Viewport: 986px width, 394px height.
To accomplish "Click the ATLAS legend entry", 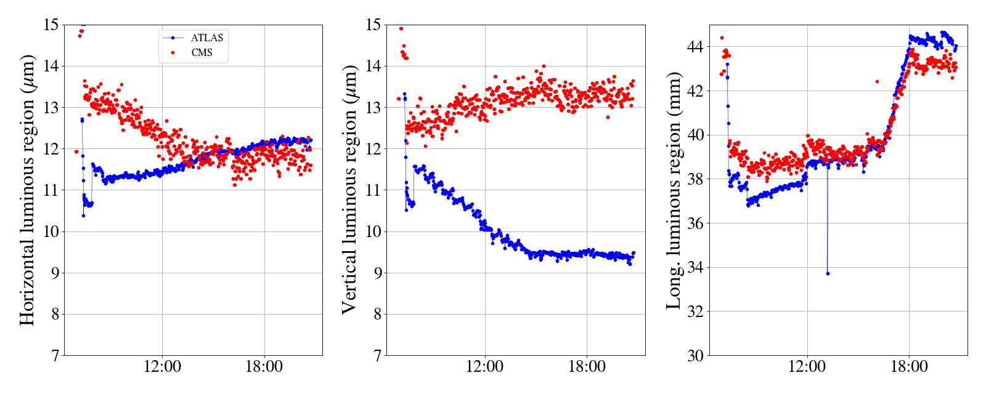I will click(206, 38).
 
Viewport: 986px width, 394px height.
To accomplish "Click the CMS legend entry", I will click(202, 53).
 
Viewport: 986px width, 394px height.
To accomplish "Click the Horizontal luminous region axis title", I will click(27, 190).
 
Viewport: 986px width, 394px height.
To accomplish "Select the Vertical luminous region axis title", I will click(349, 190).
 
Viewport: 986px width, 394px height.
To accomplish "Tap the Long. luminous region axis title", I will click(674, 190).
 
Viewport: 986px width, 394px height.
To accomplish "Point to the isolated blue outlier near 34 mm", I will click(828, 273).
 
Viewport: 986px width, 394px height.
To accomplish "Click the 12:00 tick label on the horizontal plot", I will click(162, 367).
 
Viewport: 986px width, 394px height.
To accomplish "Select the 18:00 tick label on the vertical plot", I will click(587, 367).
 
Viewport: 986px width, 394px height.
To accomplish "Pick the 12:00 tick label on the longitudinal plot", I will click(807, 367).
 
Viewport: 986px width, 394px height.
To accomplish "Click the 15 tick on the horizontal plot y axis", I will click(51, 25).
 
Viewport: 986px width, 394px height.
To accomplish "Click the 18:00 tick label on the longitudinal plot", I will click(910, 367).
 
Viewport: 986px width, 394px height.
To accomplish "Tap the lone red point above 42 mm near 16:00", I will click(877, 81).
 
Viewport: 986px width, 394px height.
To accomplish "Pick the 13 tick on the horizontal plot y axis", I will click(51, 108).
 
